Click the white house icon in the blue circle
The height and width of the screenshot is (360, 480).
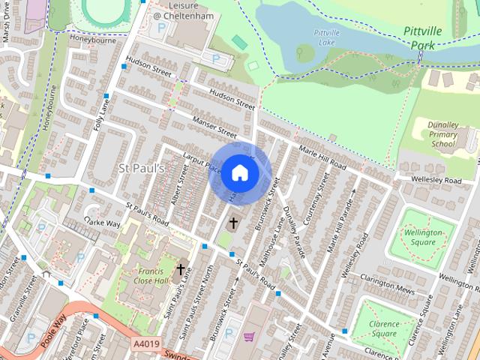pos(239,172)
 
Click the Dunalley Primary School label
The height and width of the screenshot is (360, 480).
pos(442,134)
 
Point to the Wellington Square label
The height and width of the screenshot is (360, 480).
pos(426,238)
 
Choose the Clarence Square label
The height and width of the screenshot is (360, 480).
pos(383,328)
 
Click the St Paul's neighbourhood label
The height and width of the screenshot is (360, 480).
pos(141,168)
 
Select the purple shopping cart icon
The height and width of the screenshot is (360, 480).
pos(248,337)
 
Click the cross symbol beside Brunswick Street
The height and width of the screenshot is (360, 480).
pos(233,223)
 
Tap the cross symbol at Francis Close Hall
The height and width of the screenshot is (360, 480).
pos(181,269)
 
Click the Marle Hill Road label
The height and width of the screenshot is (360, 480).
pos(322,154)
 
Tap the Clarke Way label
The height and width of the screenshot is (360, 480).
pos(103,223)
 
